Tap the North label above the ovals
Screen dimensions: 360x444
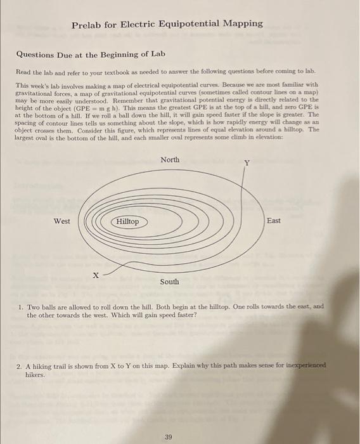point(169,159)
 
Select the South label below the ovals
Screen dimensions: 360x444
point(169,282)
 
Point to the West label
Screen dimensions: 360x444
point(61,221)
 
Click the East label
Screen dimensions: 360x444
point(274,221)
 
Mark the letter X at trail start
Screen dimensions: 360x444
point(96,275)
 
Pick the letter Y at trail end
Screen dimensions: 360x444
point(248,163)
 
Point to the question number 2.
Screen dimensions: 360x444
point(21,367)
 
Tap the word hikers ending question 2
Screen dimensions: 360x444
point(36,375)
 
